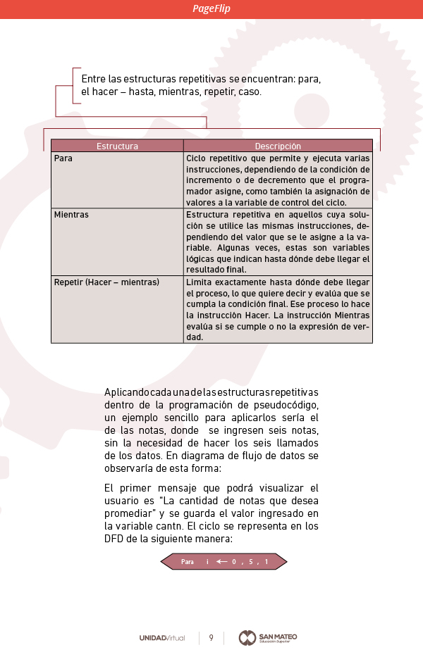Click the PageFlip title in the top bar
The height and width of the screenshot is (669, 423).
click(x=211, y=8)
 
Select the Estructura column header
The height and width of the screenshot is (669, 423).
click(x=117, y=146)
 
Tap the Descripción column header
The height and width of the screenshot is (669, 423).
click(x=278, y=146)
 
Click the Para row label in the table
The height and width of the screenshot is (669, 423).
click(x=63, y=158)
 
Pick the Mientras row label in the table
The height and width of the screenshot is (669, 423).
click(x=71, y=215)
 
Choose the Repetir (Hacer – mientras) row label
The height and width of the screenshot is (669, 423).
click(x=106, y=282)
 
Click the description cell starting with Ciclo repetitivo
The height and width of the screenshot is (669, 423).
click(x=278, y=180)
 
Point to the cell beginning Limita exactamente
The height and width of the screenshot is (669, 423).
click(x=278, y=309)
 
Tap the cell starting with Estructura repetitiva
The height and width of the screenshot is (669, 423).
click(x=278, y=242)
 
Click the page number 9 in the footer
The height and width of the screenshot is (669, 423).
click(x=211, y=638)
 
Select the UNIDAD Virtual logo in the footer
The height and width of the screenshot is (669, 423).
click(x=162, y=638)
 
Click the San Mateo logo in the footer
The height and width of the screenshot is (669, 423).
click(x=268, y=637)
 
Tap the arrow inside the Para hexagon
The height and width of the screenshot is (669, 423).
click(x=222, y=562)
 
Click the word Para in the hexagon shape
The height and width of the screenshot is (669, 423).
click(x=188, y=562)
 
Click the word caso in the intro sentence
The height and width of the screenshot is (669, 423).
click(x=249, y=92)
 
